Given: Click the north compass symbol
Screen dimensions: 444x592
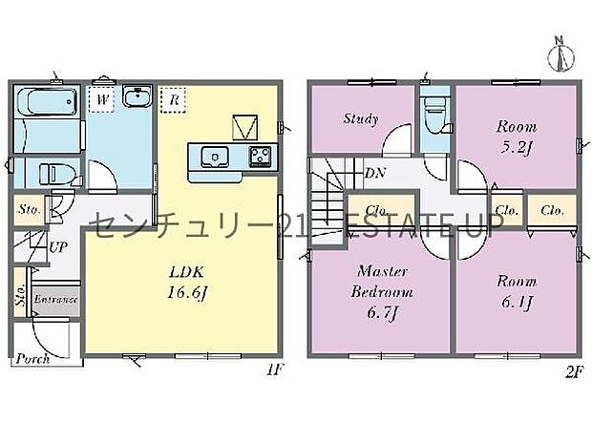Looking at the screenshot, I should [x=561, y=53].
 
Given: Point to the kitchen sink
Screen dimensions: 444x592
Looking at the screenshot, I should [x=213, y=157].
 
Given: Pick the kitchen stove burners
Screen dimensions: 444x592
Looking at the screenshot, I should [x=259, y=157].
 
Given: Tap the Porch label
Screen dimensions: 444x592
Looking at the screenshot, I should [x=33, y=360].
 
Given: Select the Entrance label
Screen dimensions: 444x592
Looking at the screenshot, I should [x=55, y=299].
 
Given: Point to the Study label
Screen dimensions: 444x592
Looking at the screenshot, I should [x=360, y=119].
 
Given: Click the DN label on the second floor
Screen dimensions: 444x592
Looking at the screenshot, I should [x=374, y=174].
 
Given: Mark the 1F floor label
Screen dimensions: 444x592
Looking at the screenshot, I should [x=275, y=365].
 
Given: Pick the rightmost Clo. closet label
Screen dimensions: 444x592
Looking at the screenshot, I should [x=552, y=210].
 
